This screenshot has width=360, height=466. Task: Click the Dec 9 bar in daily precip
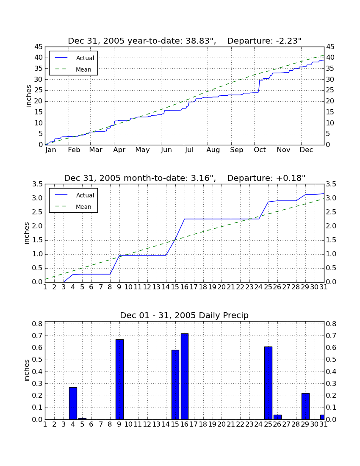click(x=119, y=380)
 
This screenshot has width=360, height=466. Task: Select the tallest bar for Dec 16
click(x=185, y=377)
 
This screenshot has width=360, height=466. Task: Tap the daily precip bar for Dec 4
click(x=73, y=403)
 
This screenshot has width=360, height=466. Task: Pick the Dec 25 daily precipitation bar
click(x=268, y=383)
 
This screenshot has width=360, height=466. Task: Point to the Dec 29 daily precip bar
click(x=305, y=406)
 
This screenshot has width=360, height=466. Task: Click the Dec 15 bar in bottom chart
click(x=175, y=385)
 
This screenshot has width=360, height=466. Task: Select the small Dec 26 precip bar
click(x=277, y=417)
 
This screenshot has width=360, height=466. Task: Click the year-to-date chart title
click(x=185, y=41)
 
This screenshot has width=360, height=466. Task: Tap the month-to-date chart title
click(x=185, y=178)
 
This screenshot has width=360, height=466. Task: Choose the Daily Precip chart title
click(x=184, y=315)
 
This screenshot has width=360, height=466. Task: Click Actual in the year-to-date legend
click(x=85, y=58)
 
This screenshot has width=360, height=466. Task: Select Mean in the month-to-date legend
click(x=83, y=207)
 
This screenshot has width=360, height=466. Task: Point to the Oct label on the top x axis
click(x=260, y=150)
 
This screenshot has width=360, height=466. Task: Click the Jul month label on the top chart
click(x=189, y=150)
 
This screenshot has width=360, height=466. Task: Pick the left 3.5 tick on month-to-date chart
click(x=38, y=184)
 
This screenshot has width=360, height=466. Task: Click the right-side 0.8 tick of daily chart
click(x=331, y=324)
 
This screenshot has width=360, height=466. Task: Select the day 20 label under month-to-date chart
click(x=222, y=287)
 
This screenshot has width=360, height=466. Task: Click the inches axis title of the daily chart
click(x=27, y=370)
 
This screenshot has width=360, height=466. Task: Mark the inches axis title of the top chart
click(x=28, y=96)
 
